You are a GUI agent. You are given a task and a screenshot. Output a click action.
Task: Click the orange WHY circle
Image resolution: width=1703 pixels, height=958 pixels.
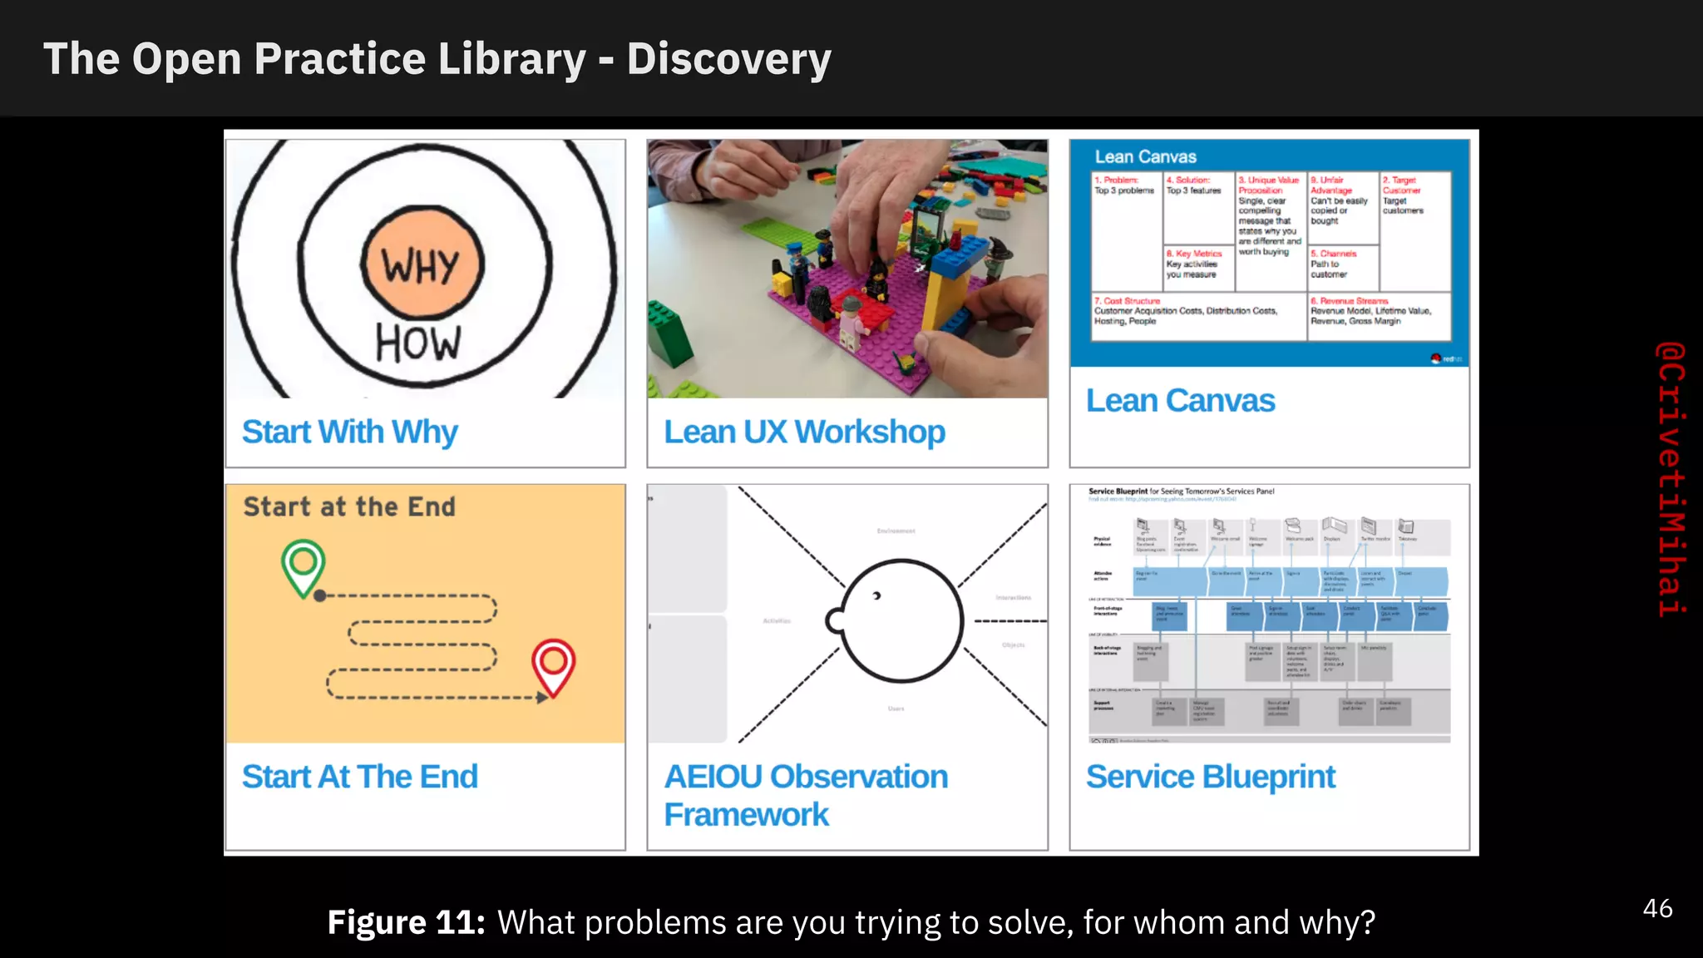tap(422, 265)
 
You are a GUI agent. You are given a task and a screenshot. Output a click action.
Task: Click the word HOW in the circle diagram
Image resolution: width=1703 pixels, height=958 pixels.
tap(417, 343)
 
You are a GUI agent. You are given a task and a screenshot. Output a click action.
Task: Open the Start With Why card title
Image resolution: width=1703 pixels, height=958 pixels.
tap(349, 432)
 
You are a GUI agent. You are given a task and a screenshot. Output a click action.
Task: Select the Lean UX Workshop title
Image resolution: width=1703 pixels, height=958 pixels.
tap(803, 432)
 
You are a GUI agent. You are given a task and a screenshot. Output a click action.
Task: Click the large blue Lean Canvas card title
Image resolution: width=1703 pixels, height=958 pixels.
tap(1179, 401)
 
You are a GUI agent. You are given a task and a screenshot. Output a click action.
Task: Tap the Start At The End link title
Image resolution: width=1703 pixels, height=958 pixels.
tap(359, 777)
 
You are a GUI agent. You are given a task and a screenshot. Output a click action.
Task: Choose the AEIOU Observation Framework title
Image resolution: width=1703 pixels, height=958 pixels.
tap(805, 795)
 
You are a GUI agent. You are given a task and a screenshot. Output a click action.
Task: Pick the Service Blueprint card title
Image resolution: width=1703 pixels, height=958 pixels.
tap(1210, 777)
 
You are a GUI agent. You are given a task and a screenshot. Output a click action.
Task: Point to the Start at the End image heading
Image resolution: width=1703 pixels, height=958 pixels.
tap(349, 506)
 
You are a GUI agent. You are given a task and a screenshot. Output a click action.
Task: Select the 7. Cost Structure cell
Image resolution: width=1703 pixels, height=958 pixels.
tap(1197, 314)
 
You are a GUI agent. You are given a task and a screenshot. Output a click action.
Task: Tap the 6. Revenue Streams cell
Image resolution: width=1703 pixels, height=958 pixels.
tap(1378, 314)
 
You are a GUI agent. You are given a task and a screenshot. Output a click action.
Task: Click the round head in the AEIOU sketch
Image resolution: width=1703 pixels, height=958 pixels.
tap(901, 620)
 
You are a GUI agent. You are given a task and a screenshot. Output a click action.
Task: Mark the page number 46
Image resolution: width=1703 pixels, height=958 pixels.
tap(1657, 908)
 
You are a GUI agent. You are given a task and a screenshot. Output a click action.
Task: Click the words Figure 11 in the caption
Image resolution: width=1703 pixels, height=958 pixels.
tap(406, 923)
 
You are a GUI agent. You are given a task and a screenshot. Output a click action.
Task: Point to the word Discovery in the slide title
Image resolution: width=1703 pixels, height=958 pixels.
tap(728, 59)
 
